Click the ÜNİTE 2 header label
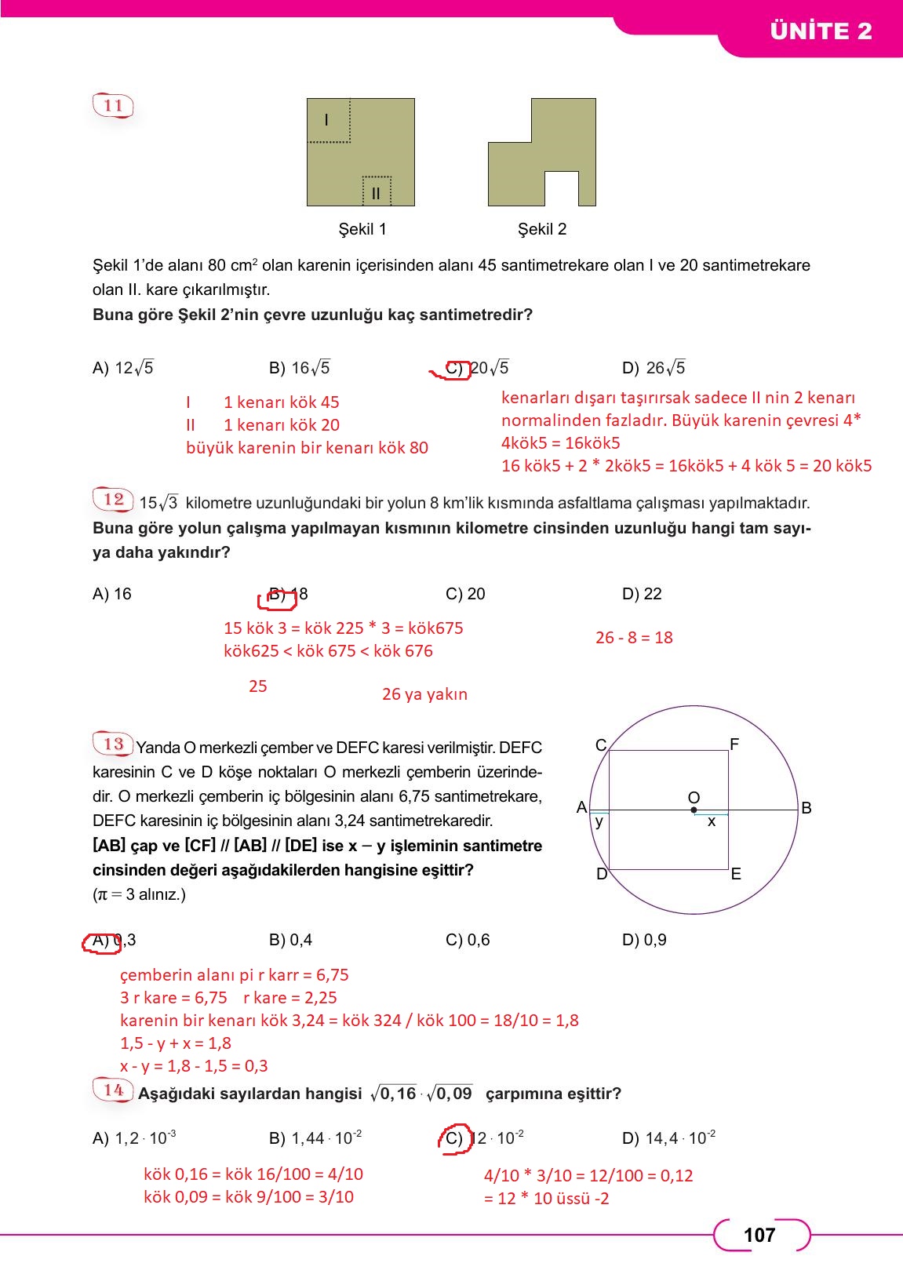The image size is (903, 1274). pos(821,31)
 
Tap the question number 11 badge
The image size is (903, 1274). pos(114,105)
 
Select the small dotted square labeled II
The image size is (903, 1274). pos(377,191)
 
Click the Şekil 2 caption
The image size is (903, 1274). pos(541,229)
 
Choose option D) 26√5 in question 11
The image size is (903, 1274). pos(654,368)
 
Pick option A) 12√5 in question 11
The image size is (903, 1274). pos(123,368)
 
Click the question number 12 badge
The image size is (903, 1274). pos(114,499)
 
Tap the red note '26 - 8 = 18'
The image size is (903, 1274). pos(634,638)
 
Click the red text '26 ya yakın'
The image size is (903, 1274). pos(424,694)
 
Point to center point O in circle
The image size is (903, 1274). pos(694,810)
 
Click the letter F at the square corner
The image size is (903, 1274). pos(734,744)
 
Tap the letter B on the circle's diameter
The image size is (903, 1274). pos(806,808)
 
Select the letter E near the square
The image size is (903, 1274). pos(736,874)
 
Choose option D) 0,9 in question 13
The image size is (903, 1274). pos(644,940)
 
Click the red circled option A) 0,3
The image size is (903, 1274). pos(113,940)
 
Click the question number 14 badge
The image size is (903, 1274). pos(114,1090)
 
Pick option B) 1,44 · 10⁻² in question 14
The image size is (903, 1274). pos(315,1138)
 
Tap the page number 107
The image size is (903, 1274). pos(759,1236)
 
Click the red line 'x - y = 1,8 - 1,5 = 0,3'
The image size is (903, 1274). pos(194,1066)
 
